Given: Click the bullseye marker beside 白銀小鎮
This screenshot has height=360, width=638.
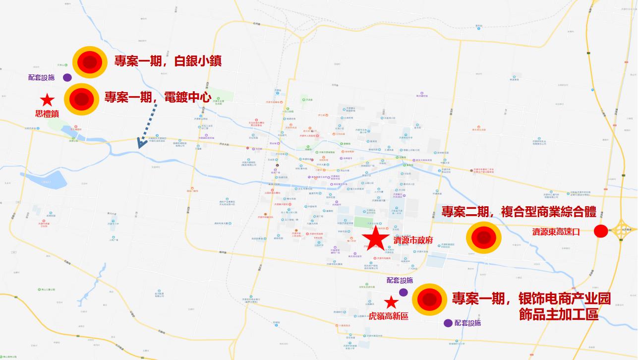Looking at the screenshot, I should (90, 62).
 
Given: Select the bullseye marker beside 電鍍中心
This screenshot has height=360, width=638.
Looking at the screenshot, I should (81, 99).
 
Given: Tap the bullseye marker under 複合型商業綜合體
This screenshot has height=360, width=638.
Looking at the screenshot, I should (483, 238).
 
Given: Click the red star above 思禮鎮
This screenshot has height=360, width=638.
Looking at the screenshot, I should (47, 100).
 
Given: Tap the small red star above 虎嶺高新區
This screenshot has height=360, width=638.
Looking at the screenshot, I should (391, 301).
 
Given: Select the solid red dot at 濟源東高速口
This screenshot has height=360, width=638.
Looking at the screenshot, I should (600, 231).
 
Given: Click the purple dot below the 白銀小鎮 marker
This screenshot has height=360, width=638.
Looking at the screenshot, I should (67, 77).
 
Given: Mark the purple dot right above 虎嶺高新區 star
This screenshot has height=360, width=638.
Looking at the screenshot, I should (404, 292).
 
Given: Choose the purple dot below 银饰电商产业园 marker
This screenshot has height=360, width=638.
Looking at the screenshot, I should (448, 323).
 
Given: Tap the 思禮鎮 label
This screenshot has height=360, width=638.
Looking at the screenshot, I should (47, 113).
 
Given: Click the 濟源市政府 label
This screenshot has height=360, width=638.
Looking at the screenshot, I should (413, 240).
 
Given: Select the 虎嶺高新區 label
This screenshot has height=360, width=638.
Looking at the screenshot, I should (389, 316).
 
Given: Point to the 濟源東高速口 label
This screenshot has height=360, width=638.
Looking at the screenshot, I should (555, 232).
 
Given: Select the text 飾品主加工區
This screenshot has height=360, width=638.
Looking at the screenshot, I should (558, 314).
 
